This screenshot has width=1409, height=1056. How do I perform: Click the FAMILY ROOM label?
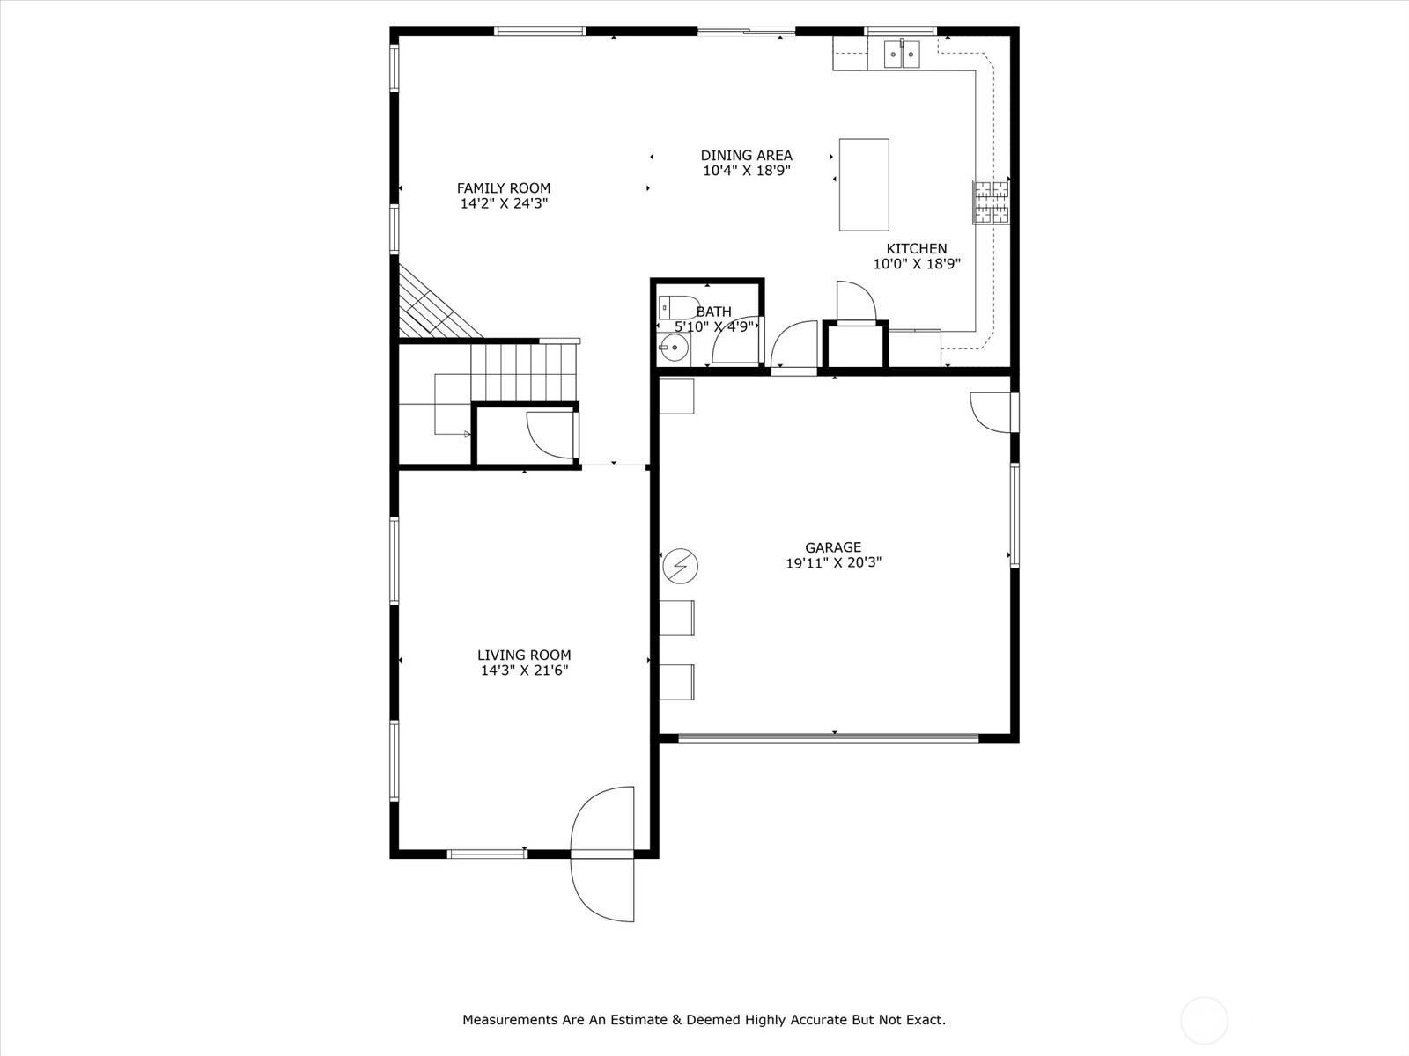pyautogui.click(x=503, y=187)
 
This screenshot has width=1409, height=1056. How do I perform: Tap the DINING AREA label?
pyautogui.click(x=746, y=155)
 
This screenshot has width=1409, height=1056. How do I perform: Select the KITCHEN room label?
pyautogui.click(x=916, y=248)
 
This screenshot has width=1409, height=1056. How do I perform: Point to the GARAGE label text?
pyautogui.click(x=833, y=546)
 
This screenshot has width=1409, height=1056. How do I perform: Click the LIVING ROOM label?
pyautogui.click(x=524, y=655)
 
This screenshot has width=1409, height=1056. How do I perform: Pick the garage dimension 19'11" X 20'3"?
pyautogui.click(x=834, y=562)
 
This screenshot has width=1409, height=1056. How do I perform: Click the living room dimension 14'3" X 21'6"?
pyautogui.click(x=525, y=670)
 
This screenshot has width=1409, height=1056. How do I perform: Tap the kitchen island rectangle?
pyautogui.click(x=864, y=185)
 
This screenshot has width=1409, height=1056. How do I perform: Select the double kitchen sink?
pyautogui.click(x=902, y=53)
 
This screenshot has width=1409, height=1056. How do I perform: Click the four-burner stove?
pyautogui.click(x=991, y=202)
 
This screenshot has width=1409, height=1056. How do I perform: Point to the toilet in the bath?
pyautogui.click(x=679, y=307)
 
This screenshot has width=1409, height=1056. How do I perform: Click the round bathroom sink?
pyautogui.click(x=674, y=349)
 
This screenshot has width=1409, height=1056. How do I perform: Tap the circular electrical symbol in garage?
pyautogui.click(x=680, y=566)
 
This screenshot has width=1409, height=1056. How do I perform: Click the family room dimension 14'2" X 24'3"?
pyautogui.click(x=504, y=203)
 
